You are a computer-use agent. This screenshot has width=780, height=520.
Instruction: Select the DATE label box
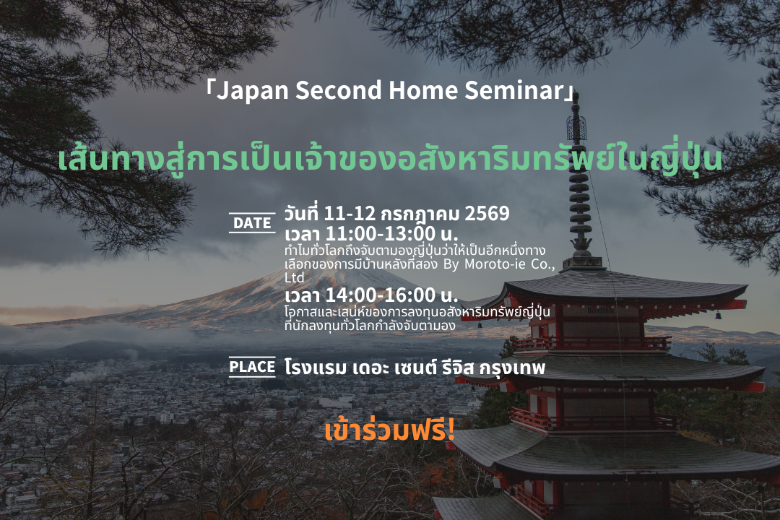click(x=252, y=223)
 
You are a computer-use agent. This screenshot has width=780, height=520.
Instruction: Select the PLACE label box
click(x=252, y=367)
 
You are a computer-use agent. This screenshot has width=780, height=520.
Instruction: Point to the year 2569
click(x=487, y=214)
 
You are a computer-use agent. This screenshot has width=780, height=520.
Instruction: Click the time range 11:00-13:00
click(x=381, y=233)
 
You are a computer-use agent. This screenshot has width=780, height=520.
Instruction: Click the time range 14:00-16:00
click(x=381, y=295)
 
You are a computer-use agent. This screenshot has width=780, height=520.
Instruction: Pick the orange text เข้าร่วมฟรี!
click(x=389, y=431)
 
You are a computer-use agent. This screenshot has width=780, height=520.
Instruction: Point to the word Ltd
click(x=294, y=277)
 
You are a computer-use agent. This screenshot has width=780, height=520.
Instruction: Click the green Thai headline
click(x=390, y=158)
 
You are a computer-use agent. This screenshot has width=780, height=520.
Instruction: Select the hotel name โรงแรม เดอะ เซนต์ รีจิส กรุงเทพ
click(x=415, y=367)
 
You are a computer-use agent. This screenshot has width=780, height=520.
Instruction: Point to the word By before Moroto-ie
click(x=451, y=265)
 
